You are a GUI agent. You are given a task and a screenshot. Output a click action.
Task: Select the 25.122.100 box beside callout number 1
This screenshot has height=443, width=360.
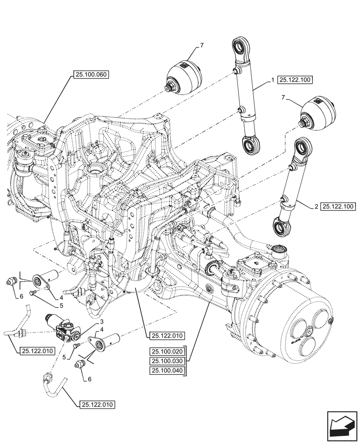[x=295, y=80]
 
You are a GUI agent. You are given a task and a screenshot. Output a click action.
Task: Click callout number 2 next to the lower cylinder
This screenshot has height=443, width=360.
[x=316, y=206]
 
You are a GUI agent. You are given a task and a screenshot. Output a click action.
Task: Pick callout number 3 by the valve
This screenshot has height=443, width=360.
[x=102, y=322]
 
